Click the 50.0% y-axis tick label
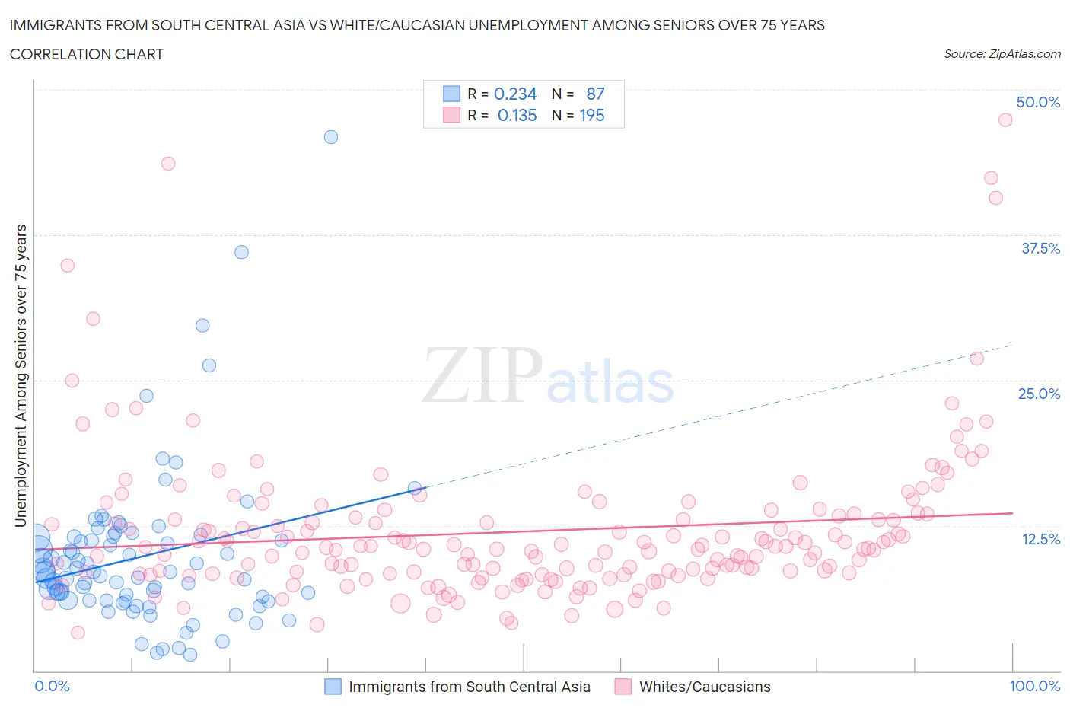pos(1038,102)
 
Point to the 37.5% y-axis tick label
pos(1040,248)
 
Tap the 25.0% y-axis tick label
pos(1039,394)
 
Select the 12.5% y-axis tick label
pos(1040,539)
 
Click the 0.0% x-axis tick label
pos(53,686)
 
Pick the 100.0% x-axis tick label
pos(1034,686)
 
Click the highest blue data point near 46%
pos(331,137)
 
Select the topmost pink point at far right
pos(1005,120)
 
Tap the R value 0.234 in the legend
pos(515,94)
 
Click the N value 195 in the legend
pos(592,115)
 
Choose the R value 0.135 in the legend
pos(517,115)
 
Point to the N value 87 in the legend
pos(595,94)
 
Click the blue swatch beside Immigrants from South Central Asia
pos(333,687)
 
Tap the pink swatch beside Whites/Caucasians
pos(623,687)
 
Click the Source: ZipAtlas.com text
pos(1002,53)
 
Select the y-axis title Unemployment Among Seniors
pos(21,375)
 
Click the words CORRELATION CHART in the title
pos(87,54)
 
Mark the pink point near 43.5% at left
pos(168,164)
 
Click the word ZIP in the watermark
pos(482,376)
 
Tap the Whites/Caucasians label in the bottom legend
pos(704,687)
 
